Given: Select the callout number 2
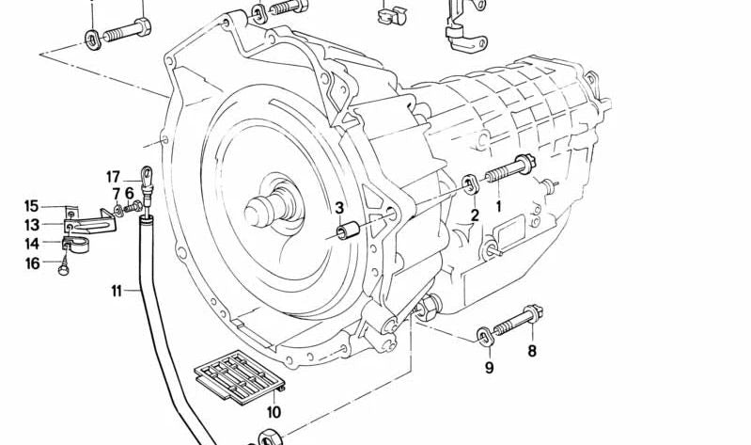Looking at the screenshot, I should click(475, 215).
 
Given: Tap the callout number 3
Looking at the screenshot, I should click(339, 208).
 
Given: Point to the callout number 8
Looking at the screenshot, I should click(531, 352).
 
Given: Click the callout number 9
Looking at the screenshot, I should click(489, 367).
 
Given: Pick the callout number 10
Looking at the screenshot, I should click(274, 412).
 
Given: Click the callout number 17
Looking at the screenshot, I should click(114, 176).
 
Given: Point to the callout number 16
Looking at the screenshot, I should click(33, 263).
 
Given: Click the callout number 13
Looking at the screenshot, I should click(32, 225).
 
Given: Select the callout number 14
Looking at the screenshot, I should click(32, 244).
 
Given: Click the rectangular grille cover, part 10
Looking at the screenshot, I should click(240, 379).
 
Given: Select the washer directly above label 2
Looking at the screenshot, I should click(469, 181).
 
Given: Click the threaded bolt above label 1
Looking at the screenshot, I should click(508, 170).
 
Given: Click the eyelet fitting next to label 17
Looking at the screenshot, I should click(147, 173).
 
